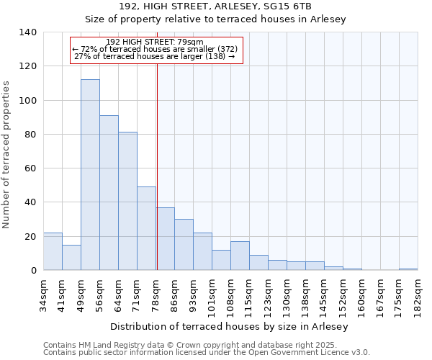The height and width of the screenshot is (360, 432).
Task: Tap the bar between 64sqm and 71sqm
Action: (x=127, y=201)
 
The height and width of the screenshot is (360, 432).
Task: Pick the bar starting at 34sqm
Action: (x=53, y=251)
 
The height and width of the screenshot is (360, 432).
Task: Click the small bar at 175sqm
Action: (x=408, y=269)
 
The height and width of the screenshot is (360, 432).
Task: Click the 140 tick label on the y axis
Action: (x=27, y=32)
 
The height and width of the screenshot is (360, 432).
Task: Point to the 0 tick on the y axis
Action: (x=32, y=271)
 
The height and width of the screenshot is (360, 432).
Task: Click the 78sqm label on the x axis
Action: (x=156, y=292)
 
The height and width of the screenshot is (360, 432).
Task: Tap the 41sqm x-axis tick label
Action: (x=63, y=292)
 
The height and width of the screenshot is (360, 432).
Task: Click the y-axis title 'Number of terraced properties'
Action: (x=7, y=154)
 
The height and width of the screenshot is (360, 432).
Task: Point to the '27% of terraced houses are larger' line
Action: (x=154, y=56)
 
